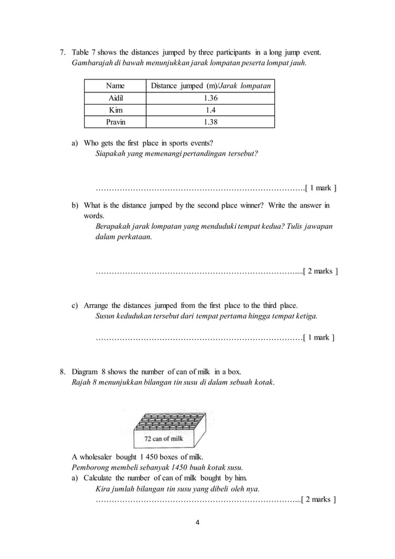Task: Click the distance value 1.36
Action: pos(210,98)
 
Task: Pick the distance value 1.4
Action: pos(210,110)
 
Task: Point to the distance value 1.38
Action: pos(210,121)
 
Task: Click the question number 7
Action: pos(62,50)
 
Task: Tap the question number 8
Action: pos(62,371)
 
